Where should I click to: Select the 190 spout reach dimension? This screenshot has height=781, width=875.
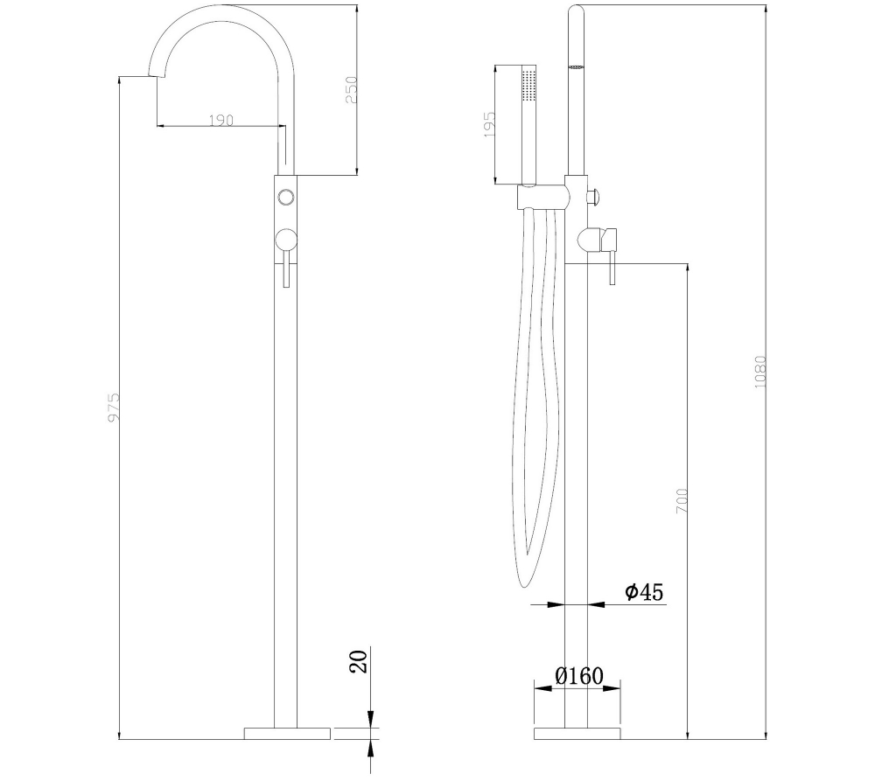(221, 120)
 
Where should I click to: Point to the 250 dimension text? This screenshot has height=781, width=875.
(352, 90)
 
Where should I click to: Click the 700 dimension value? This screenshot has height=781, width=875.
(682, 499)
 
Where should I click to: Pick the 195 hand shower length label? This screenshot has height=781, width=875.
(489, 124)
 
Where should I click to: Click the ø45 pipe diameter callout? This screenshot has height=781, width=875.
(644, 592)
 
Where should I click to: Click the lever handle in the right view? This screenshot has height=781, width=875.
(613, 257)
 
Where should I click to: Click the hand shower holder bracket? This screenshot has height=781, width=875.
(542, 197)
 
